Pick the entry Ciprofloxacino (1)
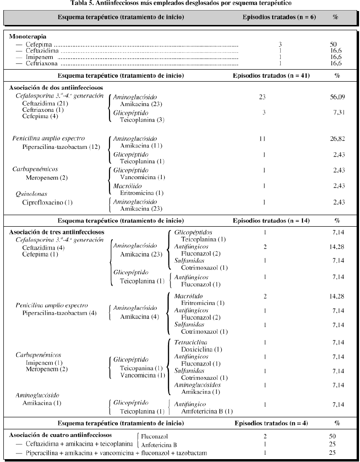tap(47, 202)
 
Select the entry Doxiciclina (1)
tap(202, 349)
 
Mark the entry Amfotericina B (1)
tap(207, 411)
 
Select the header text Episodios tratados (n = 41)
tap(271, 75)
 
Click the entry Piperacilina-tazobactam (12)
tap(61, 146)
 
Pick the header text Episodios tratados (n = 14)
tap(271, 220)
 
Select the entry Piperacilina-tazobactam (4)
tap(60, 313)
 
